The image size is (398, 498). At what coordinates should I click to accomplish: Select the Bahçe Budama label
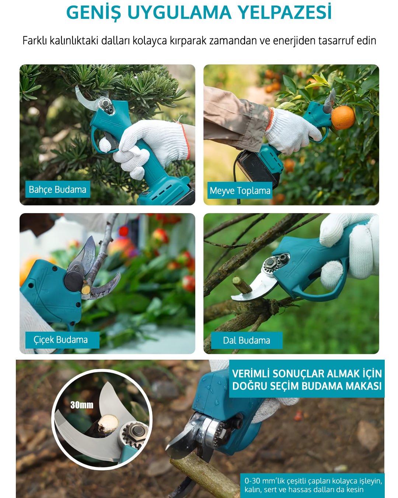click(57, 189)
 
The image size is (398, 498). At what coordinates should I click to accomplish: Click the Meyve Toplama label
click(240, 190)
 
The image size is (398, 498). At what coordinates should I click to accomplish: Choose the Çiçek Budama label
click(60, 340)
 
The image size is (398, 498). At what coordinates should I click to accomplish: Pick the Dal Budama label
click(247, 340)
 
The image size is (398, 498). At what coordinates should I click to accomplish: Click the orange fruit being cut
click(343, 118)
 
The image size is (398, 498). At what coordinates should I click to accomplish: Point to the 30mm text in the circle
click(82, 405)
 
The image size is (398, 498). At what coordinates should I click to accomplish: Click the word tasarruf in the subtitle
click(336, 41)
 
